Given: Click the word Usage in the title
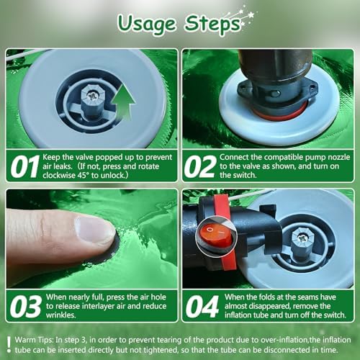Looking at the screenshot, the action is click(x=147, y=24).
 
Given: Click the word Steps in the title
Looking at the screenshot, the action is click(x=212, y=24).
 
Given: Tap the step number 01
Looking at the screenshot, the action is click(x=24, y=166).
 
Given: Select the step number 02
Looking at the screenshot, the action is click(x=200, y=166).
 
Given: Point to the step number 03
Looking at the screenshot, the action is click(x=26, y=307).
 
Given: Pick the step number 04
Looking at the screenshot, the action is click(x=202, y=307).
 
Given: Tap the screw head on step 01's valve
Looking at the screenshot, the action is click(x=91, y=96).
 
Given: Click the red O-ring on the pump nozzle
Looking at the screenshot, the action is click(x=279, y=112).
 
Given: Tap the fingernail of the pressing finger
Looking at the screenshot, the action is click(x=95, y=229).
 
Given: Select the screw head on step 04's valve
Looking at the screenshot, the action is click(x=300, y=238).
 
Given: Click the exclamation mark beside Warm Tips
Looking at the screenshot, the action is click(x=9, y=345).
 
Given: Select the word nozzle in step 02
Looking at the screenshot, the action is click(x=339, y=157).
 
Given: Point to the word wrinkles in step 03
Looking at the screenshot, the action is click(x=61, y=315).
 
